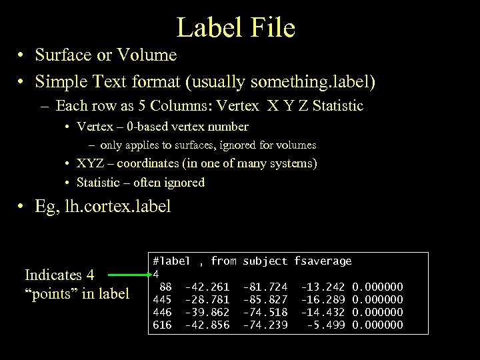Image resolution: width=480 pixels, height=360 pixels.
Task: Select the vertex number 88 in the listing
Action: [165, 287]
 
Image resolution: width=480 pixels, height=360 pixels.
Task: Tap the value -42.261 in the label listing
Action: [207, 287]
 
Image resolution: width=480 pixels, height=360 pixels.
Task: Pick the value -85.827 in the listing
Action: [265, 299]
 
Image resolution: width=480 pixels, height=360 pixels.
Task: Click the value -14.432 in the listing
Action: [323, 312]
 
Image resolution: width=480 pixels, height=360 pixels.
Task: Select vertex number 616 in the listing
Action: [162, 325]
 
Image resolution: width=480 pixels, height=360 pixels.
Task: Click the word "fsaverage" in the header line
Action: [323, 261]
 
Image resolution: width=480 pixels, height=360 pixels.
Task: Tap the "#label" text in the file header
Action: [171, 261]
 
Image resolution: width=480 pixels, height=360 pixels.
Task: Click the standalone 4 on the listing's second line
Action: [156, 274]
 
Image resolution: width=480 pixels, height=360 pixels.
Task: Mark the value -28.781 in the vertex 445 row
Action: [207, 299]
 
